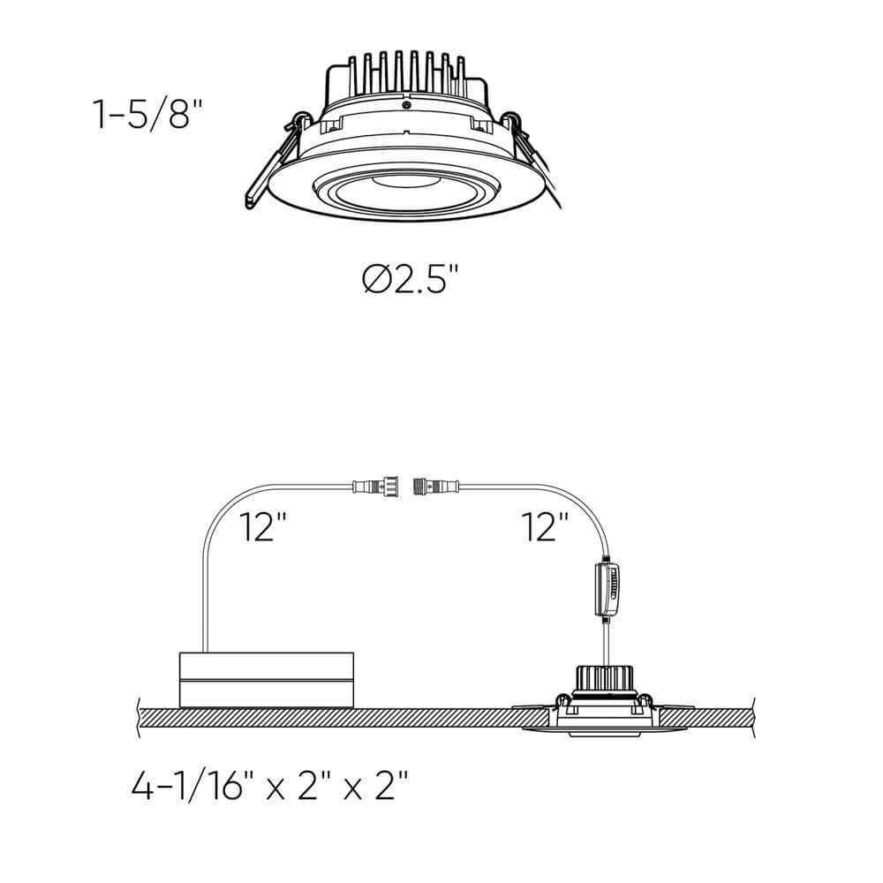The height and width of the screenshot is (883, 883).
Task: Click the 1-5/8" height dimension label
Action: [x=141, y=116]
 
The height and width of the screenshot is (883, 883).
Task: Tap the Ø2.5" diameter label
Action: [x=411, y=281]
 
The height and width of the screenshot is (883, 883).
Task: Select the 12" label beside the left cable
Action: [x=264, y=527]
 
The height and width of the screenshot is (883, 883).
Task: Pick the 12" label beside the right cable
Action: [x=544, y=527]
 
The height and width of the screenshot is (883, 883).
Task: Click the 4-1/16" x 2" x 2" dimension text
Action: [x=270, y=783]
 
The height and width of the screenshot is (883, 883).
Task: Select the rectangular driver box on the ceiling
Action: [x=267, y=679]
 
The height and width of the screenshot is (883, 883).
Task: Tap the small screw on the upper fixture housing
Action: [x=405, y=105]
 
